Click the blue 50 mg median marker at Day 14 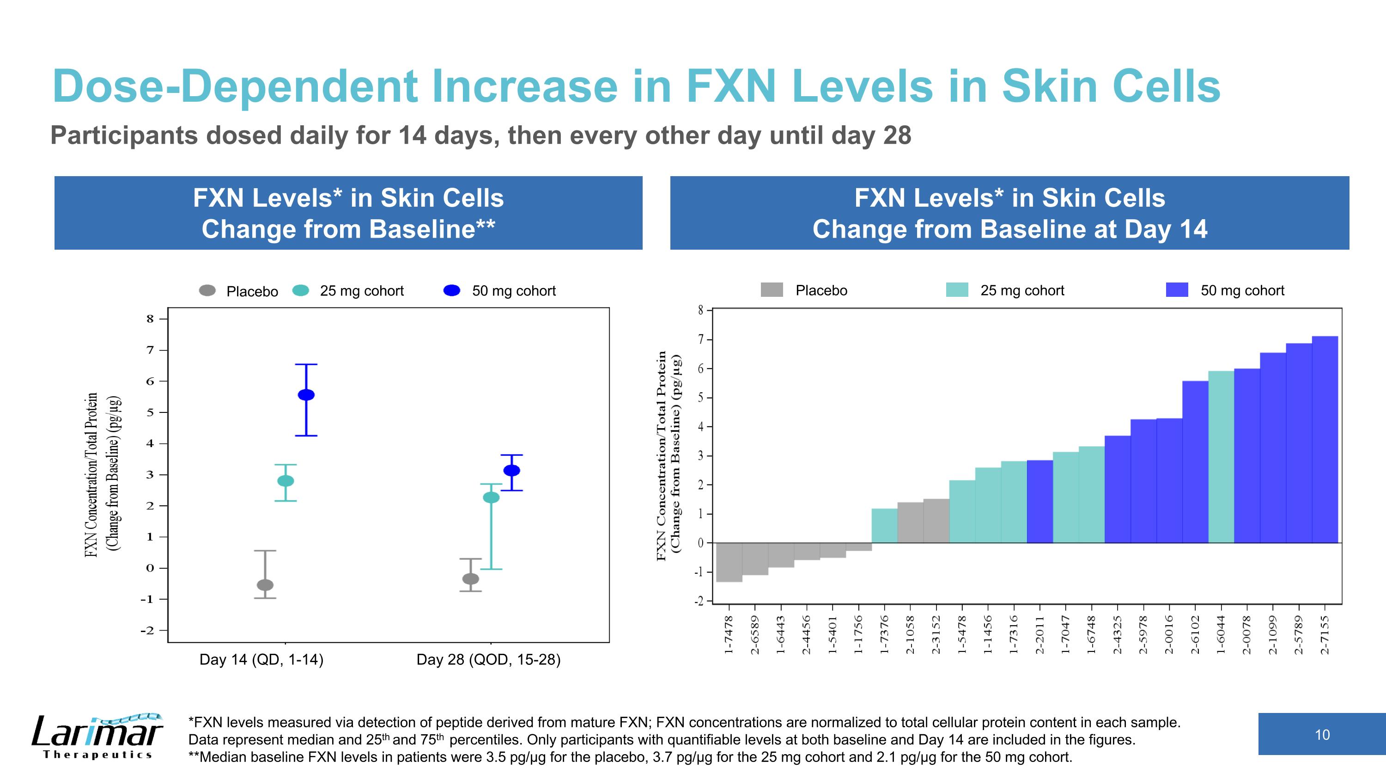click(306, 394)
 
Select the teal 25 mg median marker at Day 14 click(286, 481)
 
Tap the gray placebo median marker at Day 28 click(471, 579)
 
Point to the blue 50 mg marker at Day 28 click(512, 470)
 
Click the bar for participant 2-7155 click(1325, 439)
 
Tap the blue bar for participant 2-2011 click(1039, 501)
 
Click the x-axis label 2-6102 click(1195, 635)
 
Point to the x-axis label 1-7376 click(884, 635)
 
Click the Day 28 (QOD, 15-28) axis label click(488, 659)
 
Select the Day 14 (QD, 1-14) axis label click(261, 659)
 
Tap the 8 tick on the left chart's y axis click(150, 319)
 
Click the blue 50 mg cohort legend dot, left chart click(451, 291)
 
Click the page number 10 click(1322, 734)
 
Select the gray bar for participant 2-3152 click(936, 521)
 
